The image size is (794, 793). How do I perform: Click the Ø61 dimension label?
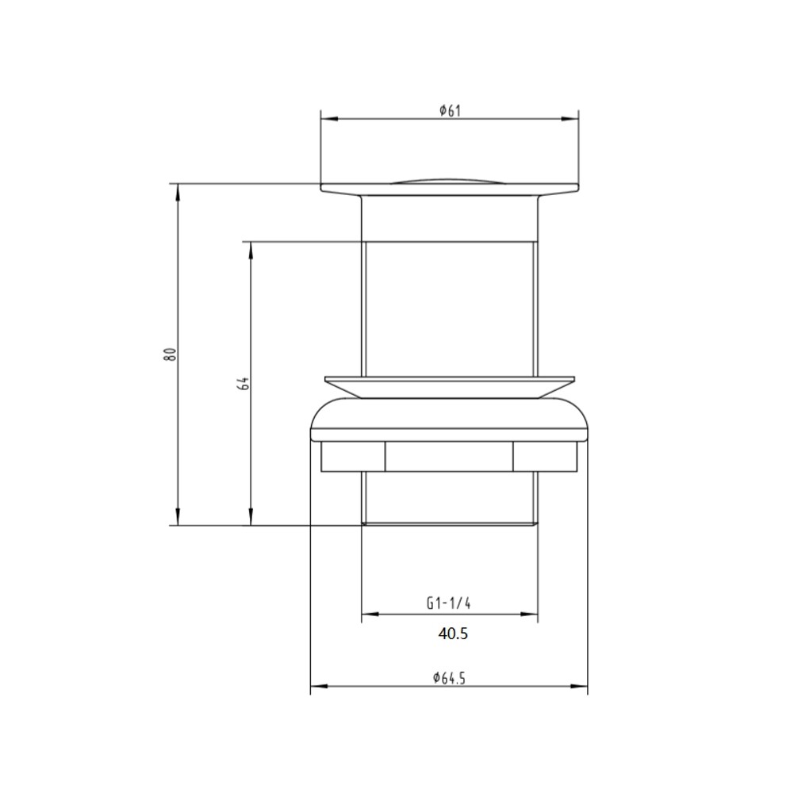(451, 110)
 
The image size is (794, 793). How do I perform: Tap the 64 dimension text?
(244, 383)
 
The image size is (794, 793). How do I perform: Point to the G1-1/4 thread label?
(449, 603)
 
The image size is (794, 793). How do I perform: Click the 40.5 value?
(453, 634)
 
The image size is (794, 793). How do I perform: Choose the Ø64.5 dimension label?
(449, 677)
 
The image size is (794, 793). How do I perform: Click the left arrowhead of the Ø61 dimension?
(329, 119)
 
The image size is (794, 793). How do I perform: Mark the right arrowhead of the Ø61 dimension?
(570, 119)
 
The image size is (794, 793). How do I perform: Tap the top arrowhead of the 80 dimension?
(177, 193)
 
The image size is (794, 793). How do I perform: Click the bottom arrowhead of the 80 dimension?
(177, 516)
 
